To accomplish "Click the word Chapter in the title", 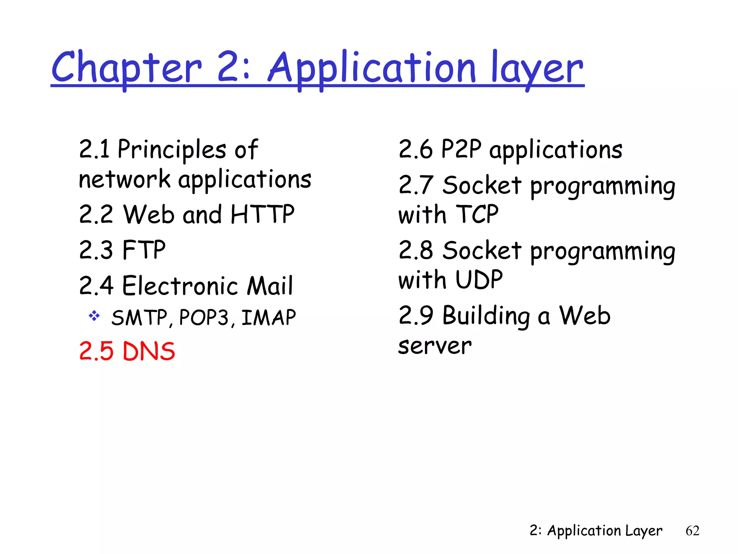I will [126, 67].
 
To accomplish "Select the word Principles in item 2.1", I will [172, 149].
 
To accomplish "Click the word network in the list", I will [124, 179].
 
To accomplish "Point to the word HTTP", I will [263, 214].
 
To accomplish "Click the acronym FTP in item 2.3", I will [144, 250].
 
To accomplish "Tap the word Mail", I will [270, 286].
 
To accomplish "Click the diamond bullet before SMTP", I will [94, 316].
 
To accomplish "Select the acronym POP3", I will [204, 318].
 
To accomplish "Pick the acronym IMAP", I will [268, 318].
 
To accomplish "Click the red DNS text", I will [149, 351].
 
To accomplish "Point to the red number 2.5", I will [96, 351].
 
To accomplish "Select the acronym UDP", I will [479, 280].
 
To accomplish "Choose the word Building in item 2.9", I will [486, 316].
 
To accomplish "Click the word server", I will [435, 346].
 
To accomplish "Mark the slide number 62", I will [692, 531].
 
